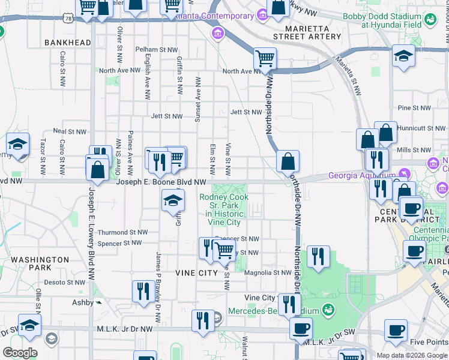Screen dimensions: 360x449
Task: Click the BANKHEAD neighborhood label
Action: coord(68,43)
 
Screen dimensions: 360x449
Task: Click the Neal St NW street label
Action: coord(67,130)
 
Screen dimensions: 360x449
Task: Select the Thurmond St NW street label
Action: coord(122,232)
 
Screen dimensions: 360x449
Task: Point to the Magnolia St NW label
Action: coord(268,272)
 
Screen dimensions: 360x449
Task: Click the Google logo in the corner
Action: coord(20,353)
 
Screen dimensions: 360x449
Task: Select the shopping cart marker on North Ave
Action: coord(265,59)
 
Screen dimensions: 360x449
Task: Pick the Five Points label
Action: coord(429,343)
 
